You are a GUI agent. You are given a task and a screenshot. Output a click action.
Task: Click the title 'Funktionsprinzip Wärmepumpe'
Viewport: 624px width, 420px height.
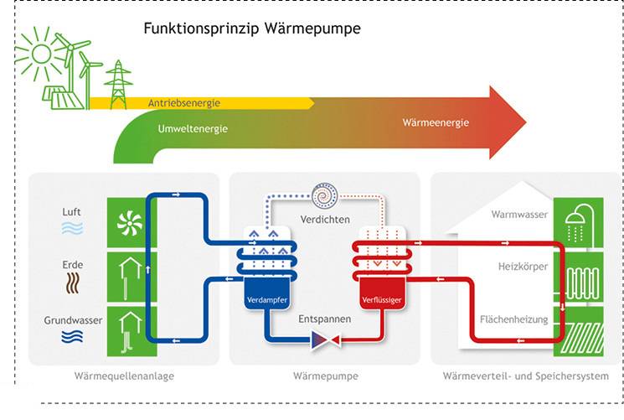[x=252, y=29]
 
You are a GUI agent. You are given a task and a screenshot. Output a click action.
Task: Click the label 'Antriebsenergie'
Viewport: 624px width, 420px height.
[x=184, y=103]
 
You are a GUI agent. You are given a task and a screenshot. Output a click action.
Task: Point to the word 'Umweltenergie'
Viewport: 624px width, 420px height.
[x=193, y=129]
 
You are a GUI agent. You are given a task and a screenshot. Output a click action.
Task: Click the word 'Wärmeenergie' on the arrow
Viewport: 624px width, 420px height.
[x=436, y=123]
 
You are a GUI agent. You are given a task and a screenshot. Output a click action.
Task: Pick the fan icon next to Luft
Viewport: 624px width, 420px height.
[x=131, y=221]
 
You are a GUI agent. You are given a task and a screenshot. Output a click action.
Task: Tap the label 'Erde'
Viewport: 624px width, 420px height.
[x=72, y=264]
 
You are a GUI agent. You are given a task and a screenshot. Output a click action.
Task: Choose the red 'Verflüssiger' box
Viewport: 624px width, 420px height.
[x=381, y=299]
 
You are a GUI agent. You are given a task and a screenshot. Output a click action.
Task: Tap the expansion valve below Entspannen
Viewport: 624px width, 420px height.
[x=324, y=340]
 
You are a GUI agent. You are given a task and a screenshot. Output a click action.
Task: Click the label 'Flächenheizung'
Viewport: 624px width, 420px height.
[x=513, y=319]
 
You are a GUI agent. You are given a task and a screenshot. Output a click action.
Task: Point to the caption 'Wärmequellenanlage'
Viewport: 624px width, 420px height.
[x=124, y=376]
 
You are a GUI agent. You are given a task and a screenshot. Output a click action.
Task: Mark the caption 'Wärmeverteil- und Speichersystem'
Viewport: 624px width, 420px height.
[x=525, y=376]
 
